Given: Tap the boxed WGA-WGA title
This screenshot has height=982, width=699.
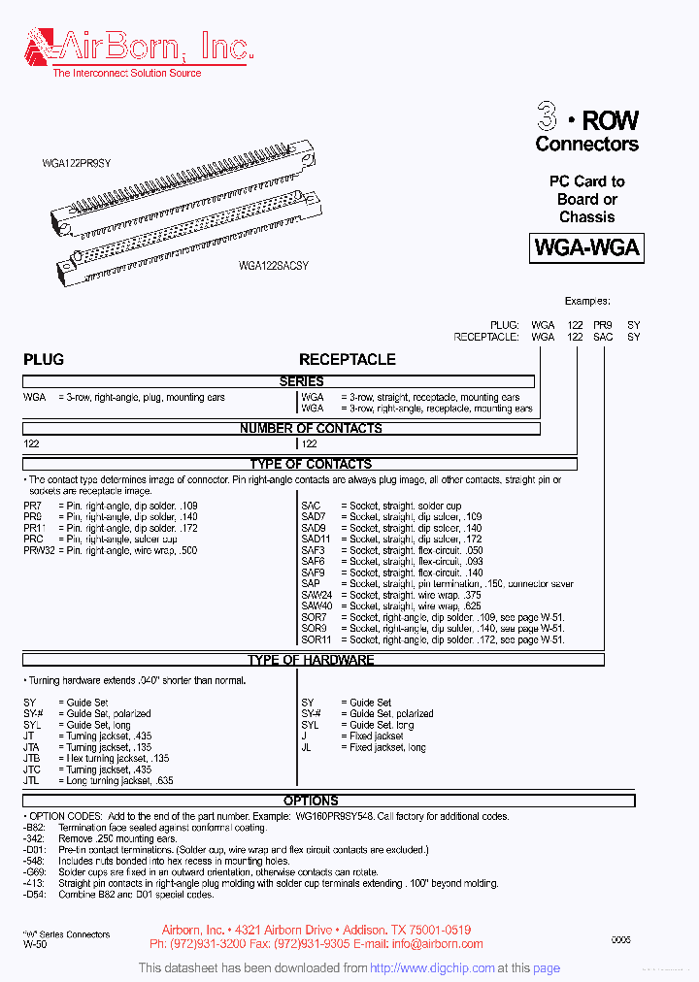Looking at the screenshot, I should (x=586, y=247).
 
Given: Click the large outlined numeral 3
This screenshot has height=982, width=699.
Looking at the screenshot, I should (x=548, y=119).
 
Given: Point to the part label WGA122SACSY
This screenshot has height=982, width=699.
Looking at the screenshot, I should (x=274, y=265).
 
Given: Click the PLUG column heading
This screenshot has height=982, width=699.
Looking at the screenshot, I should (x=44, y=359).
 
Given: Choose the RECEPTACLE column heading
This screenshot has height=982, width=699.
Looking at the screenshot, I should (x=347, y=359).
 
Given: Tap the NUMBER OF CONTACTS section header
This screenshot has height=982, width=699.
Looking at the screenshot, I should (x=311, y=428).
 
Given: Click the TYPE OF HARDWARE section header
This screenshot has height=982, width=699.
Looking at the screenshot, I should (x=311, y=660).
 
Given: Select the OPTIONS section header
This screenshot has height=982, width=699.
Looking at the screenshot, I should (x=311, y=801).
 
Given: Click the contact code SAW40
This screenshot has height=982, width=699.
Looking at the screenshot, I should (x=316, y=606).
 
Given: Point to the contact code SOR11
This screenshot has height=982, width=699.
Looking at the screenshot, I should (x=316, y=639).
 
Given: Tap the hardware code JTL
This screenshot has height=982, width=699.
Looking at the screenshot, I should (x=32, y=780).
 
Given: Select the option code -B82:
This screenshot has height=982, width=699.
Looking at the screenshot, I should (x=36, y=827).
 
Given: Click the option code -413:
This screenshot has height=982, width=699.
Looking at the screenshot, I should (x=35, y=883).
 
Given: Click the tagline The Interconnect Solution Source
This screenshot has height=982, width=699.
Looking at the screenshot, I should (x=126, y=73).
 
